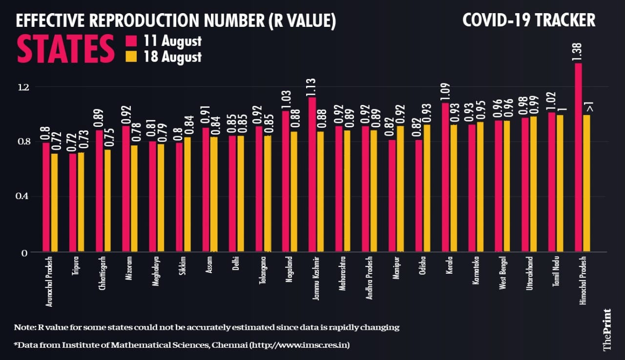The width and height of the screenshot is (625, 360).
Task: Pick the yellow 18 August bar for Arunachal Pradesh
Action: [55, 203]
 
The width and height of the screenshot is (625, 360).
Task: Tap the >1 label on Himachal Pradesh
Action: [588, 104]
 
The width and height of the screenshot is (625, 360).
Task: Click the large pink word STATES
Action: [62, 48]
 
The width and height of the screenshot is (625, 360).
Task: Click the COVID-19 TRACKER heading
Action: [529, 20]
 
